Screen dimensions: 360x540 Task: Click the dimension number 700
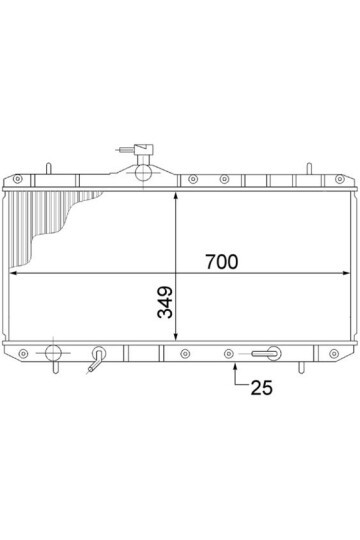point(222,262)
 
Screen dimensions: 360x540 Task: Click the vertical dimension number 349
point(165,302)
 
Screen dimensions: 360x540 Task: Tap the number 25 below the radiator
point(261,388)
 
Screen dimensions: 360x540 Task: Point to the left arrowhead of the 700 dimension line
point(13,273)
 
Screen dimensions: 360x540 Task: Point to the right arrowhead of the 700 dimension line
point(346,273)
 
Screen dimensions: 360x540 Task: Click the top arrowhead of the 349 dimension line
point(176,196)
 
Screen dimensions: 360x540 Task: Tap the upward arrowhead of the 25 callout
point(235,367)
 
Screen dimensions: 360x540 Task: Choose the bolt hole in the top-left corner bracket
point(17,179)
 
